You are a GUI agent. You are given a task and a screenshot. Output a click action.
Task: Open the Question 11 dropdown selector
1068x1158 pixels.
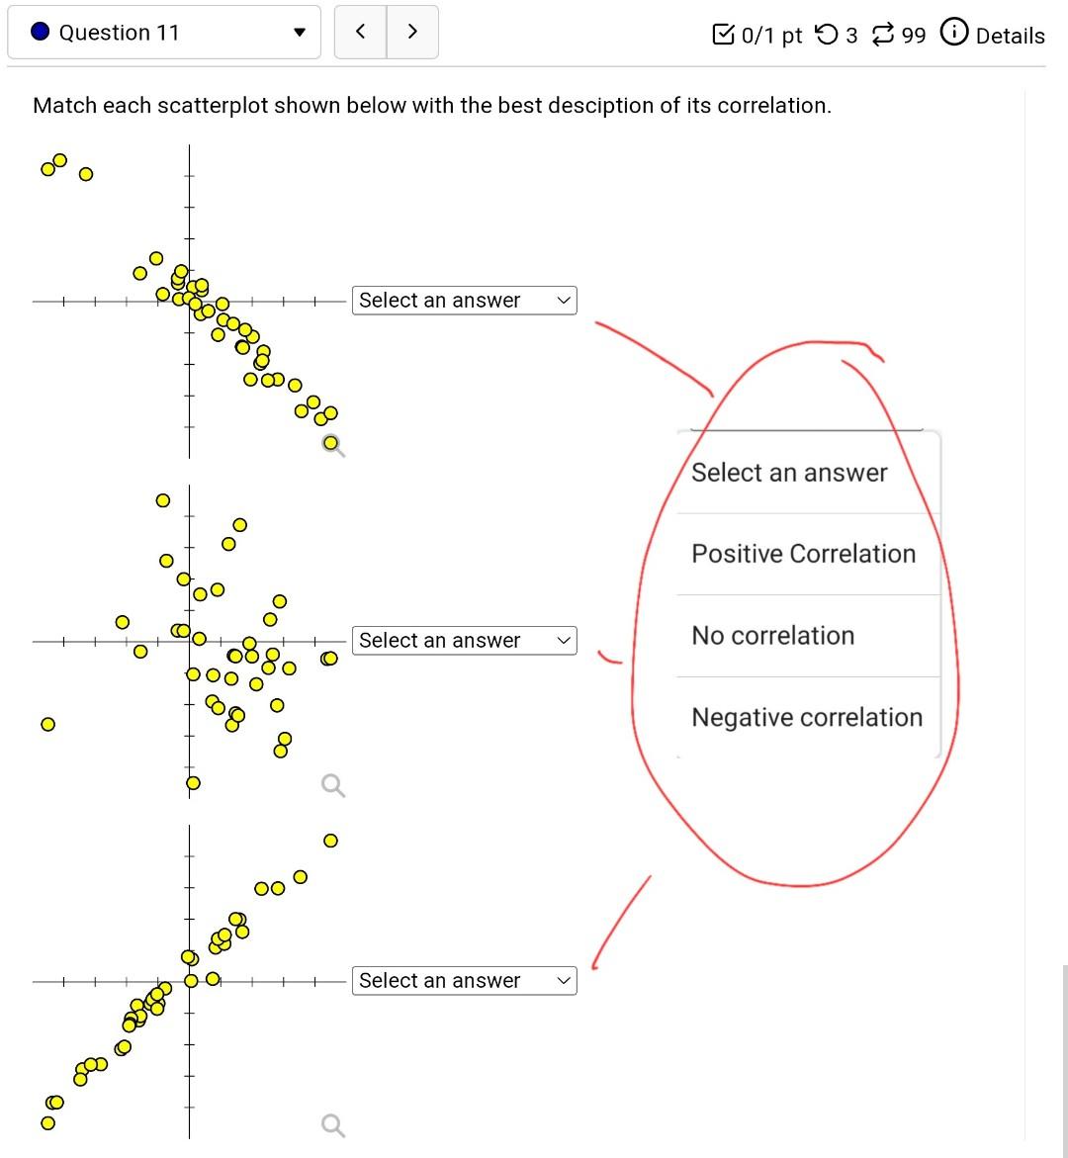tap(164, 33)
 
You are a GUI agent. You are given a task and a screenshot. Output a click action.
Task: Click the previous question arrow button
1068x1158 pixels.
tap(360, 32)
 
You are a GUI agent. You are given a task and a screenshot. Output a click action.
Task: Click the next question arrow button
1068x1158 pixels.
tap(412, 32)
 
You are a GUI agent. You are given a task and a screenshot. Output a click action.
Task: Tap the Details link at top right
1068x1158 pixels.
tap(1010, 36)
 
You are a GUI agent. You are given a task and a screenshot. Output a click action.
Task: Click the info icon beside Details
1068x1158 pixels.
tap(953, 34)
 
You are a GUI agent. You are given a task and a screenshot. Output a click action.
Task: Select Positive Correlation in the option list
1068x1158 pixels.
tap(803, 554)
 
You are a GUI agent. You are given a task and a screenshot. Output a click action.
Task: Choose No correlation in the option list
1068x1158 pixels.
tap(772, 636)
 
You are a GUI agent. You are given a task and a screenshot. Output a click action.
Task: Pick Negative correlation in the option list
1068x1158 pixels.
tap(806, 718)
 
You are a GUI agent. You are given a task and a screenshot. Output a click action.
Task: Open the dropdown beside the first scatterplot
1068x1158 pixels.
tap(464, 301)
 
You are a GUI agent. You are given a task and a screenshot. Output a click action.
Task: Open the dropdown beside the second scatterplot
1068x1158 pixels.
tap(464, 641)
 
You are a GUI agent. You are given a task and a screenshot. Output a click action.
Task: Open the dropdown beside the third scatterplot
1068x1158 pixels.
tap(464, 981)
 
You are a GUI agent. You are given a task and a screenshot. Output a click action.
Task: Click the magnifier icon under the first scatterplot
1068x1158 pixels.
tap(333, 446)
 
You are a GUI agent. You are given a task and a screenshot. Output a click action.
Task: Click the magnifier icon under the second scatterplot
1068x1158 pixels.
tap(333, 786)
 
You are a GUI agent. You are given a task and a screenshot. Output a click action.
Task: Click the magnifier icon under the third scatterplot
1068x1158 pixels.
tap(333, 1126)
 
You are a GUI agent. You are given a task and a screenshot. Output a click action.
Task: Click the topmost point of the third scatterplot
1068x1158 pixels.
tap(330, 841)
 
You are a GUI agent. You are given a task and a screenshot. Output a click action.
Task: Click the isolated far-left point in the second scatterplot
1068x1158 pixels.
tap(47, 725)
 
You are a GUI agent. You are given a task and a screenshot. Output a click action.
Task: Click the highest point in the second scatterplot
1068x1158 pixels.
tap(162, 500)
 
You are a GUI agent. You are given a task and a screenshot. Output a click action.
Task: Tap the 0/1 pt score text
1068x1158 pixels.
tap(770, 36)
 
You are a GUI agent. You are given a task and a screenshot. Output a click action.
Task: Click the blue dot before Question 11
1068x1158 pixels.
tap(41, 33)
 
